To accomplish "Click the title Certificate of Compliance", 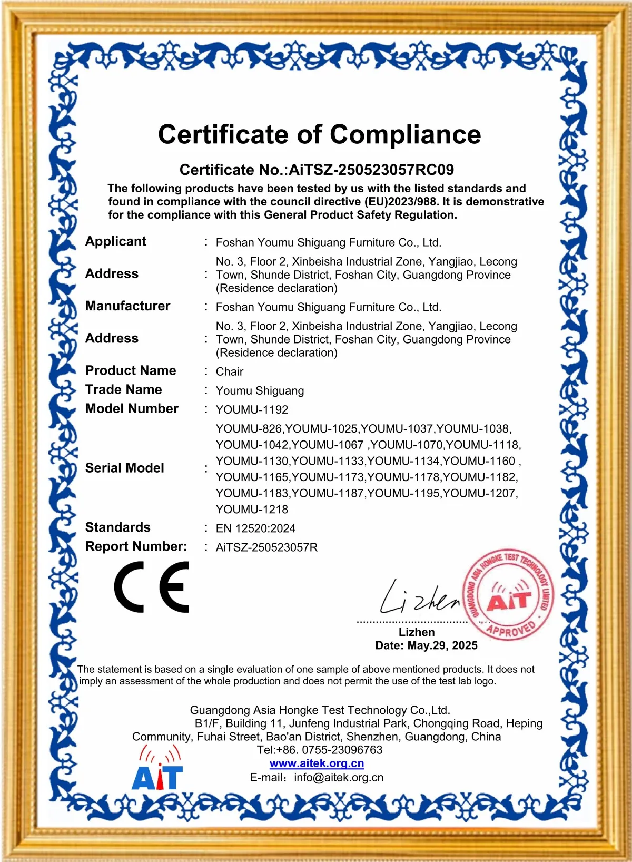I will point(319,135).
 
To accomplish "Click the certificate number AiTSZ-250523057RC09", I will point(371,170).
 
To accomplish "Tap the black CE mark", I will point(152,587).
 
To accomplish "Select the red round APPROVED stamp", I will point(508,594).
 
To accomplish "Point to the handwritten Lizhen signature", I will point(419,599).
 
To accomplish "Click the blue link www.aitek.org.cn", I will point(317,763).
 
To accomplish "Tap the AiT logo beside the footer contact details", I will point(157,769).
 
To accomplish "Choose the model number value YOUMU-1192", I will point(252,409).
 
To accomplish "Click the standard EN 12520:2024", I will point(255,528).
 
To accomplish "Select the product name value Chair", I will point(230,372).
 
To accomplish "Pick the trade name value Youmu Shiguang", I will point(260,391).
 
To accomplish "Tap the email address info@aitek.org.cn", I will point(339,778).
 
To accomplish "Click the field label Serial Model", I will point(125,468).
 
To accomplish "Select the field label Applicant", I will point(116,241).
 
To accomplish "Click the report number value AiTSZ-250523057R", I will point(266,547).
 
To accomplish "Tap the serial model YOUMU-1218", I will point(252,510).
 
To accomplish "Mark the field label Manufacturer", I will point(127,306).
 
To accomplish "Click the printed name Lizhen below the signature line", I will point(417,632).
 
